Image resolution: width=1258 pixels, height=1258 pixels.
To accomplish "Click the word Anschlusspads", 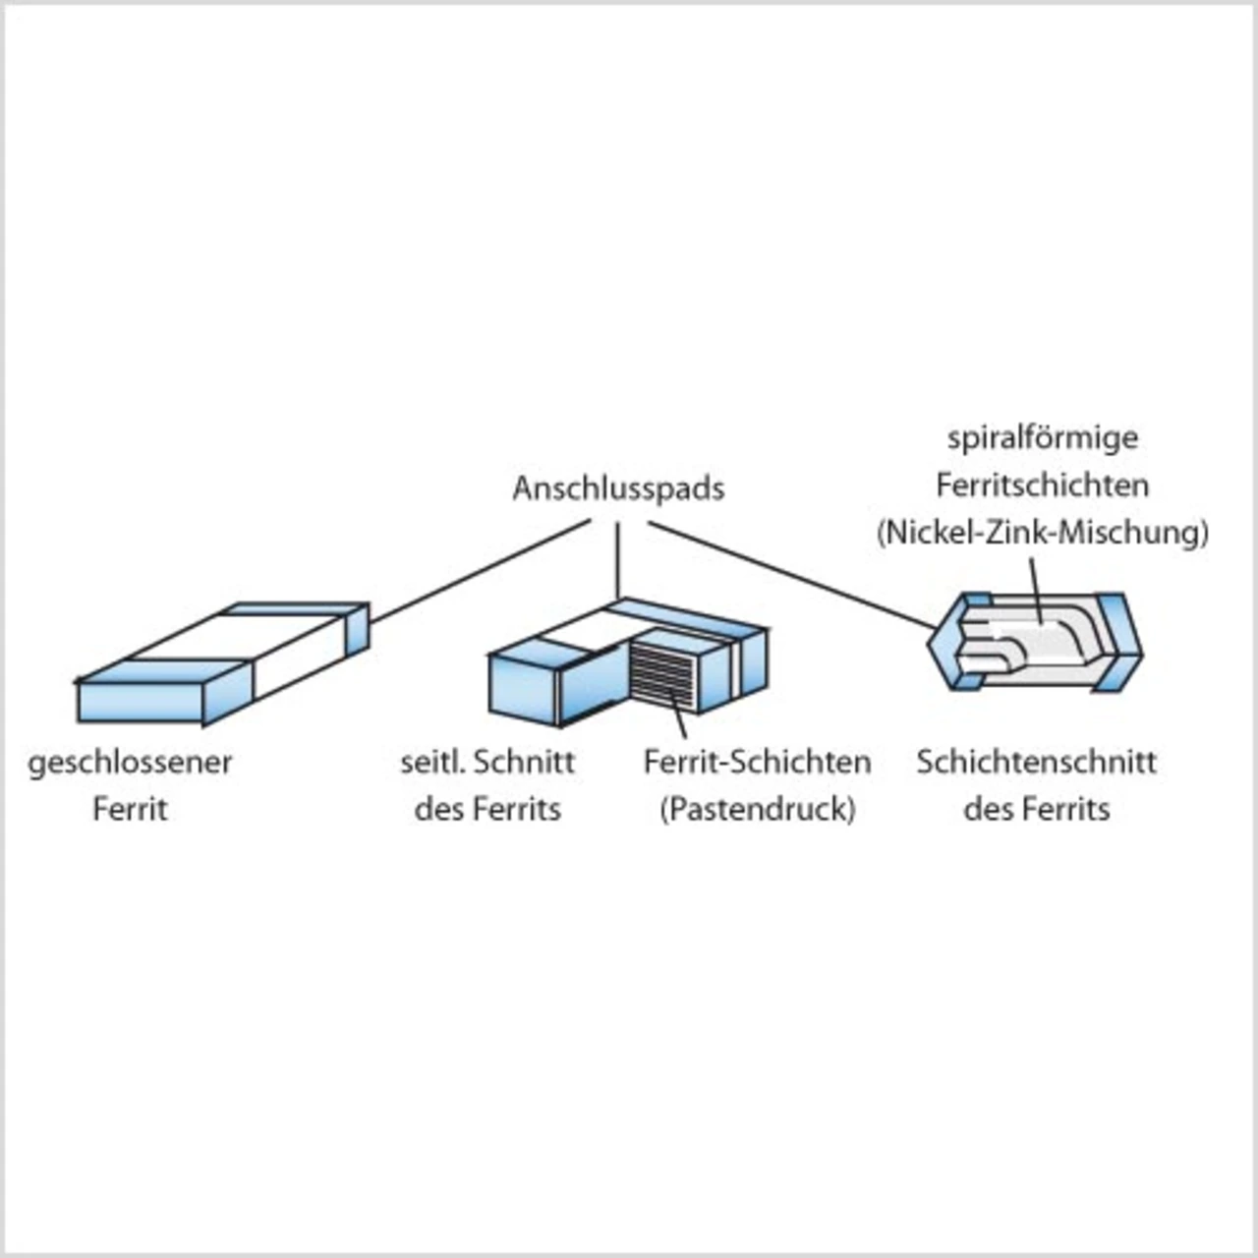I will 618,488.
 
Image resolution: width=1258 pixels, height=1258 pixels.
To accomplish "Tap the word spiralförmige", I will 1043,437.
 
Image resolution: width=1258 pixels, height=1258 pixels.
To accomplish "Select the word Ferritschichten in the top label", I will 1042,485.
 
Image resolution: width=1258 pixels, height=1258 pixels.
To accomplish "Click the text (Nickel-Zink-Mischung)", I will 1042,532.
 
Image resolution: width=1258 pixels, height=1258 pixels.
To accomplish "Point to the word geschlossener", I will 130,763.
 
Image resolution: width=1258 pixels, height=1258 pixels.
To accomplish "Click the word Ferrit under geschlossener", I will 130,809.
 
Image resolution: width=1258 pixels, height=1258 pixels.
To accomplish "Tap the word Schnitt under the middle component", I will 531,762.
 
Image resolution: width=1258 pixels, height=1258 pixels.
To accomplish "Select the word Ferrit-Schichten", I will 757,762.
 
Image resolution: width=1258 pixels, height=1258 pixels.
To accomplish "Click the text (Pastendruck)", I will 757,809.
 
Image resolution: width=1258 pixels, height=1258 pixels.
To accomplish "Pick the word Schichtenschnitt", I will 1036,762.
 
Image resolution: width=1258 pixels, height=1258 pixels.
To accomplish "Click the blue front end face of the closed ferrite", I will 140,701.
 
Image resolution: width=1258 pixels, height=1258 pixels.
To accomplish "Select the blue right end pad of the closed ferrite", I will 358,630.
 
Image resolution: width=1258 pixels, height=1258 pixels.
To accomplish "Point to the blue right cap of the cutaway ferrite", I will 1117,639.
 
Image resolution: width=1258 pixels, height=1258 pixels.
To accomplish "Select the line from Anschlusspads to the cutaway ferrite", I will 791,576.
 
